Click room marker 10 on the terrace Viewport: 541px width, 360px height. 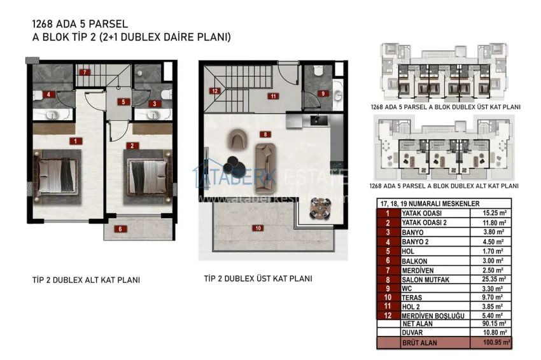point(258,228)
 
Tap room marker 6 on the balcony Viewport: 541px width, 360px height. point(118,228)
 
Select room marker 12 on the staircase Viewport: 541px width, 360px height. point(216,91)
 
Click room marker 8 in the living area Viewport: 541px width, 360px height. point(265,134)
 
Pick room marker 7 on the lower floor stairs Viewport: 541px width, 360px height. point(84,73)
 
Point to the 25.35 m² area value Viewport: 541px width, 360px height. point(491,278)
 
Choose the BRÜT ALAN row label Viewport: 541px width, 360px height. point(418,342)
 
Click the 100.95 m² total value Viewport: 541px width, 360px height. point(491,342)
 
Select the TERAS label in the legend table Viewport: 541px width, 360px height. point(412,296)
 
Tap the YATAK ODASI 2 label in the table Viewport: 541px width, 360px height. point(425,223)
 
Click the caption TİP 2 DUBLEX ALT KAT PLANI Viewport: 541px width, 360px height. point(86,280)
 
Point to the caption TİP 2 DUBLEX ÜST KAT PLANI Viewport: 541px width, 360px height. point(258,279)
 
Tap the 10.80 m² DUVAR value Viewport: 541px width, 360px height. point(491,332)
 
